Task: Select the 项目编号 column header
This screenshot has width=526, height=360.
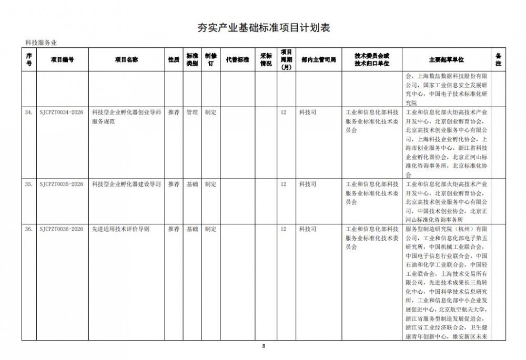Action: point(62,60)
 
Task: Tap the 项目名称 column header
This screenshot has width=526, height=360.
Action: point(126,60)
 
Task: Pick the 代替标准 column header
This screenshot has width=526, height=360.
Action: point(237,60)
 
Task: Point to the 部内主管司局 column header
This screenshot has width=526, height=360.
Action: point(319,60)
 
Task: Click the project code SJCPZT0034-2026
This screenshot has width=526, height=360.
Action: point(61,112)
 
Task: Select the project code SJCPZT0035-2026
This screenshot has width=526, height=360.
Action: point(61,184)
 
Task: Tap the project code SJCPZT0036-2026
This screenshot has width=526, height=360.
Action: point(61,229)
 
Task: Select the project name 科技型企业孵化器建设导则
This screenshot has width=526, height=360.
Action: point(126,184)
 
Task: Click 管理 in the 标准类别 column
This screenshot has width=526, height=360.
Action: point(192,112)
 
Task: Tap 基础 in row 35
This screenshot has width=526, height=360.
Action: point(192,184)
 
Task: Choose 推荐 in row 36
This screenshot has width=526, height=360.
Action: point(174,229)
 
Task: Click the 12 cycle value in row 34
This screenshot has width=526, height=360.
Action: point(284,112)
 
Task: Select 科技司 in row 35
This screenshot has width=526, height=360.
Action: point(308,184)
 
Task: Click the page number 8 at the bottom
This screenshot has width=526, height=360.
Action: point(264,346)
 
